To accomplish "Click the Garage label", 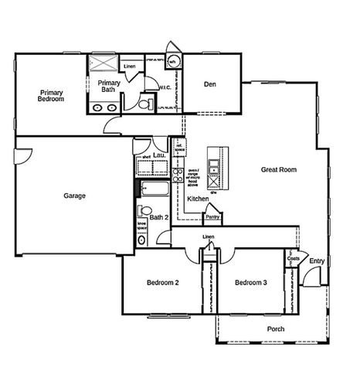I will tap(75, 196).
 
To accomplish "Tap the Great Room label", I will tap(279, 169).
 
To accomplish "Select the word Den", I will tap(209, 84).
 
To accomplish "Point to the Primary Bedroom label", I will tap(51, 96).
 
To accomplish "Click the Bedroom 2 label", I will tap(163, 283).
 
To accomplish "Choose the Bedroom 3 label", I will tap(251, 283).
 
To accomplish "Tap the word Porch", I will tap(276, 329).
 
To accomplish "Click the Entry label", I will tap(317, 261).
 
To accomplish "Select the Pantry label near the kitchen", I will tap(212, 217).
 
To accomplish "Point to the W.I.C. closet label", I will tap(165, 88).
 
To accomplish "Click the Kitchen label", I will tap(198, 199).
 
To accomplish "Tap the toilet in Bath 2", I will tap(143, 210).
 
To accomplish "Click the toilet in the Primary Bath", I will tap(144, 104).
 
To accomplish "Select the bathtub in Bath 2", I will tap(155, 189).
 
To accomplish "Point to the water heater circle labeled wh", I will tap(173, 61).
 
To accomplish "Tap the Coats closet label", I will tap(294, 259).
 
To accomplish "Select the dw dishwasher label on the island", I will tap(213, 192).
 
